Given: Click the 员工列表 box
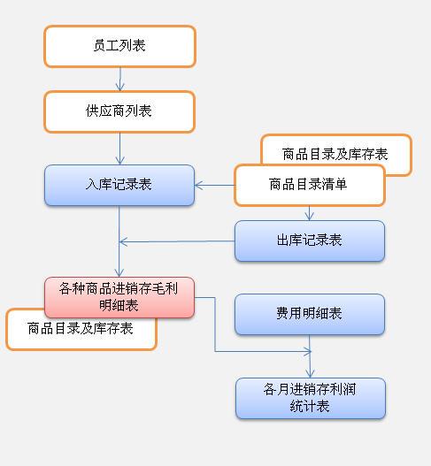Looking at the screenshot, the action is point(119,46).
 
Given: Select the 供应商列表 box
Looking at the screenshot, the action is point(119,111).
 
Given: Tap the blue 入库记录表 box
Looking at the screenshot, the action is point(119,185).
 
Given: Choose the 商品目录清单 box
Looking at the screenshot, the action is point(310,185).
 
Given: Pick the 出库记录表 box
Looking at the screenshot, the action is point(310,241).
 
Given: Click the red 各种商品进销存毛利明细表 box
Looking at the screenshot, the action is point(119,297).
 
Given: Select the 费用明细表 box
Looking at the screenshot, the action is point(310,315).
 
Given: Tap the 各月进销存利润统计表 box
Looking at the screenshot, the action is point(311,398).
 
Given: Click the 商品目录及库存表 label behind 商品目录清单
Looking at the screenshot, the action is point(335,154).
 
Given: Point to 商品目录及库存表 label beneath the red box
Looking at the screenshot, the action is point(81,328).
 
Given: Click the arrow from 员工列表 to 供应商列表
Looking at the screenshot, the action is point(120,79).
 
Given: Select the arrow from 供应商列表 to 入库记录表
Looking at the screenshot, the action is point(119,149).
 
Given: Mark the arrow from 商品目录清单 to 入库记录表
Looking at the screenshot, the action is point(214,186).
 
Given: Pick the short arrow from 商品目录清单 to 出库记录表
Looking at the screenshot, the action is point(310,213).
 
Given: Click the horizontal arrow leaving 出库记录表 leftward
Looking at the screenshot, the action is point(177,241).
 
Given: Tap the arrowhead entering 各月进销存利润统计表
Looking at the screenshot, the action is point(311,373).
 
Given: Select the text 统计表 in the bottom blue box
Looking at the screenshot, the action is point(310,406).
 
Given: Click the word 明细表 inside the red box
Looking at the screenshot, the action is point(119,305).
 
